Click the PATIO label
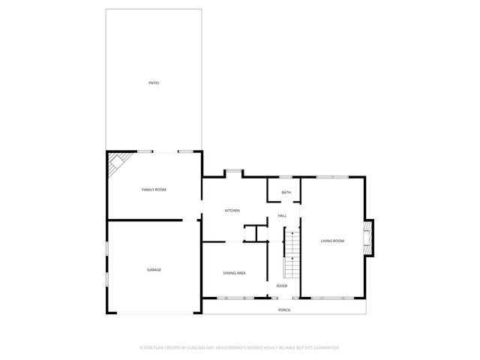pos(153,82)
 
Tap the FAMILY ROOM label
pos(154,190)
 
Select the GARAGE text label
pos(154,270)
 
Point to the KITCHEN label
pos(232,211)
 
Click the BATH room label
pos(286,193)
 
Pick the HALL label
pos(282,216)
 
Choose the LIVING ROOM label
pos(332,241)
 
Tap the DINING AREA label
pos(235,273)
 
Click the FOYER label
pos(282,286)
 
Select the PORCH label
pos(284,310)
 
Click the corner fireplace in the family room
pos(115,163)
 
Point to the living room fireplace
pos(367,236)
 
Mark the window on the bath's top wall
pos(286,177)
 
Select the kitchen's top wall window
pos(233,172)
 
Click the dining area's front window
pos(235,298)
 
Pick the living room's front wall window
pos(332,298)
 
